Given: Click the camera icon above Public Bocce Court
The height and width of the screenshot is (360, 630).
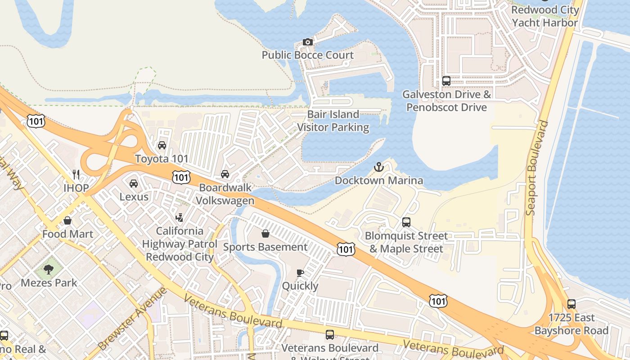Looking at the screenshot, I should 308,42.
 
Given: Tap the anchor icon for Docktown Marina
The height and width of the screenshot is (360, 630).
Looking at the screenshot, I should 379,167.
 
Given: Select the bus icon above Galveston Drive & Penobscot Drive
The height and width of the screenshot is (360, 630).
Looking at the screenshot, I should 446,81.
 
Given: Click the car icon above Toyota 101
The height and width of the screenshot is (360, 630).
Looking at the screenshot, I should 162,145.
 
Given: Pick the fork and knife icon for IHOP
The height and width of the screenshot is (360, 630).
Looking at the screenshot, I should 76,174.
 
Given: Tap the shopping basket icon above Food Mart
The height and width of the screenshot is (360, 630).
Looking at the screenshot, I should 67,220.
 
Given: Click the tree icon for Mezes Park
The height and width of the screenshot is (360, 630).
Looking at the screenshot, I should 49,270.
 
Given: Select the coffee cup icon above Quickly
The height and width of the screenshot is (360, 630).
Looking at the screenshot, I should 300,273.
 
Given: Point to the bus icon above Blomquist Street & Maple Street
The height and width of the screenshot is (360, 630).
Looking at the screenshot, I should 406,222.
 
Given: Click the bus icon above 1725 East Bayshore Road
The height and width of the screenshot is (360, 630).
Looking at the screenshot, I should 571,304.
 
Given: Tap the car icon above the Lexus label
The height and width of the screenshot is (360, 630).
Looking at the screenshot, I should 134,184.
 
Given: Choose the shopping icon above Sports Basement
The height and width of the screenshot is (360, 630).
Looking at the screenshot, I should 265,234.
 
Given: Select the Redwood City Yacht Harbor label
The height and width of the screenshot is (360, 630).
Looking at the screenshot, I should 545,16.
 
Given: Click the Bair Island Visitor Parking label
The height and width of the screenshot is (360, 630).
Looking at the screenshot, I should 333,121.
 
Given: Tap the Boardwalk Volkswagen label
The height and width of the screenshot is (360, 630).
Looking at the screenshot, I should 225,194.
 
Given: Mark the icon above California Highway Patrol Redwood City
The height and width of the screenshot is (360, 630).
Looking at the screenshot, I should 180,218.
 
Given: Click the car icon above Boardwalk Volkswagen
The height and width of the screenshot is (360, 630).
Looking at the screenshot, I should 225,174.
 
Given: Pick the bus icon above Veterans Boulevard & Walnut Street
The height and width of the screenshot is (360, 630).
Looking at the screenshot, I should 330,334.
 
